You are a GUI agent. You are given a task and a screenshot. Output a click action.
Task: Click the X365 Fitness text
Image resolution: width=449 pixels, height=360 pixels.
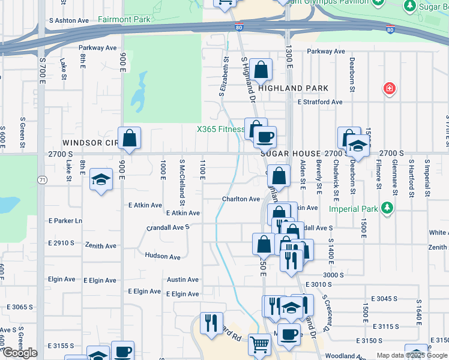click(x=221, y=129)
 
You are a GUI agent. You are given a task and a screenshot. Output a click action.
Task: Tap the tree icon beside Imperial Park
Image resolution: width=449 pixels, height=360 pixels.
click(x=387, y=209)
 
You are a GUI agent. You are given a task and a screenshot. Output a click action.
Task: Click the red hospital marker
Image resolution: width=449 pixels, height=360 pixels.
click(x=390, y=89)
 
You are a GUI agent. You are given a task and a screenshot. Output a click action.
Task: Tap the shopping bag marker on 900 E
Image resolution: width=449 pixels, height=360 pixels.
click(x=129, y=139)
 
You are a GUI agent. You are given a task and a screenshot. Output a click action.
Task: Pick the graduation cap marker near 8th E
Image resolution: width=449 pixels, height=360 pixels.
click(x=101, y=179)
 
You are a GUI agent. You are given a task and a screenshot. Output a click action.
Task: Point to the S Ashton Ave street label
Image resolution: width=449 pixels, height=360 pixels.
click(x=68, y=20)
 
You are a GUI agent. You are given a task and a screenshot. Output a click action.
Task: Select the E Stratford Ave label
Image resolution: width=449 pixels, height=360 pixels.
click(x=321, y=102)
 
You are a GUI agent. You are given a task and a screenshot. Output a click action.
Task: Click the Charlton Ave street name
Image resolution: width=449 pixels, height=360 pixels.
click(x=240, y=199)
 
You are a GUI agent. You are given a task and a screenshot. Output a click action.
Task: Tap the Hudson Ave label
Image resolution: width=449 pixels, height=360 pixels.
click(x=163, y=257)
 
